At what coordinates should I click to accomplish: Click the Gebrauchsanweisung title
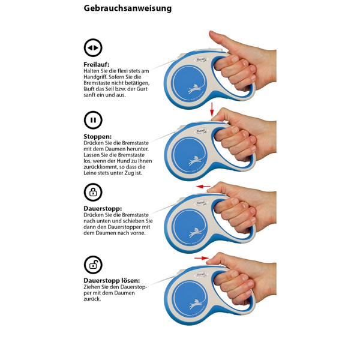(x=127, y=8)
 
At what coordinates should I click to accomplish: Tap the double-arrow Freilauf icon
(x=93, y=48)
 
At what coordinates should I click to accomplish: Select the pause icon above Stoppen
(x=93, y=120)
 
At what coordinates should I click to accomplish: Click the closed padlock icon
(x=93, y=192)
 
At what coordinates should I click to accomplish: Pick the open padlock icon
(x=93, y=265)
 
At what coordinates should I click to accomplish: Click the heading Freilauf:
(x=97, y=64)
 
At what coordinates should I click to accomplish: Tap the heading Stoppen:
(x=98, y=136)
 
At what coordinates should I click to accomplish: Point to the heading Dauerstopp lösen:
(x=112, y=281)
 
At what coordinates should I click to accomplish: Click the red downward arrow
(x=212, y=109)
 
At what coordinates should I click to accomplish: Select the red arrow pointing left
(x=203, y=187)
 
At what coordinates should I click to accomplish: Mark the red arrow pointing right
(x=202, y=258)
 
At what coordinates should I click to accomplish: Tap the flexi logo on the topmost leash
(x=202, y=60)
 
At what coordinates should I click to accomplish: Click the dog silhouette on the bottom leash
(x=196, y=304)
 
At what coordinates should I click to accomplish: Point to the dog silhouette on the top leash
(x=194, y=89)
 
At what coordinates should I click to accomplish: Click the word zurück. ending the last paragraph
(x=92, y=299)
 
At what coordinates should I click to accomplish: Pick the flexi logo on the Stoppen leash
(x=202, y=131)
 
